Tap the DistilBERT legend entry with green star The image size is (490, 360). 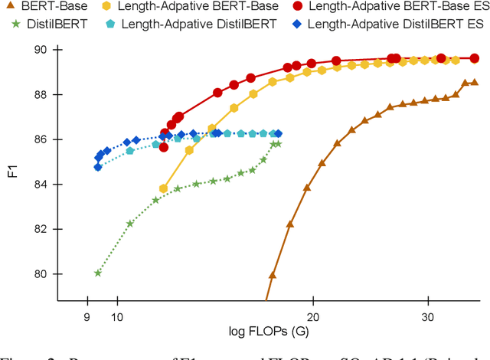(43, 23)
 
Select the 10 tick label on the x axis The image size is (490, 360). (117, 316)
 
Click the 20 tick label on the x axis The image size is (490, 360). (312, 316)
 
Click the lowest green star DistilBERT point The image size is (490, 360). (97, 273)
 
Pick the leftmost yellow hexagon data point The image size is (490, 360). (163, 188)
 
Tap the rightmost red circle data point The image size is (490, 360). (474, 58)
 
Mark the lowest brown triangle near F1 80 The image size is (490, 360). (272, 275)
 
